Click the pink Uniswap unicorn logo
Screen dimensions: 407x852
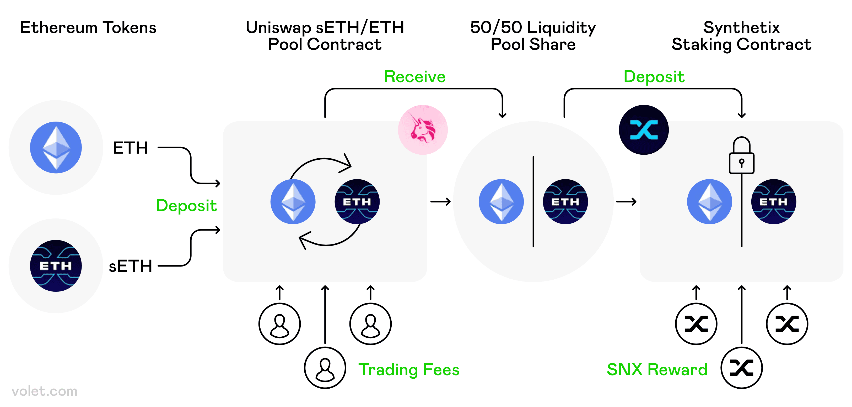[x=423, y=130]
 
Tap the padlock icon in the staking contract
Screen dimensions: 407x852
[x=742, y=156]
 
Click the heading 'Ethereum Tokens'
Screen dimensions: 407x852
[x=88, y=28]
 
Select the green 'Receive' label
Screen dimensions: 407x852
[x=415, y=77]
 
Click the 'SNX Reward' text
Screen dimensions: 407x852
[x=657, y=369]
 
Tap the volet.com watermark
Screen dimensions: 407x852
[x=44, y=391]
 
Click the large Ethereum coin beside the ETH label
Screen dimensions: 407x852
[x=56, y=147]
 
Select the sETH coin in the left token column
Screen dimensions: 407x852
[x=56, y=265]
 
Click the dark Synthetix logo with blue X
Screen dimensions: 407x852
[x=644, y=130]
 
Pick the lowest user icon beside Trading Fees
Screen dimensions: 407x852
[x=325, y=368]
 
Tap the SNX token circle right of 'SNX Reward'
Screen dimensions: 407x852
[x=742, y=368]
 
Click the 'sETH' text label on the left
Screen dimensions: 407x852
[x=130, y=266]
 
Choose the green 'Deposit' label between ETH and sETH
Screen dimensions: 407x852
[x=186, y=206]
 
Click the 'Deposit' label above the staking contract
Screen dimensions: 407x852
[x=654, y=77]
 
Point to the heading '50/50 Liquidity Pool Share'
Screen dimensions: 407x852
[x=533, y=36]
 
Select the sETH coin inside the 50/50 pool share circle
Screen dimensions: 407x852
[x=565, y=202]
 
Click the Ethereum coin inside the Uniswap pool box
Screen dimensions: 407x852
[x=293, y=202]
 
